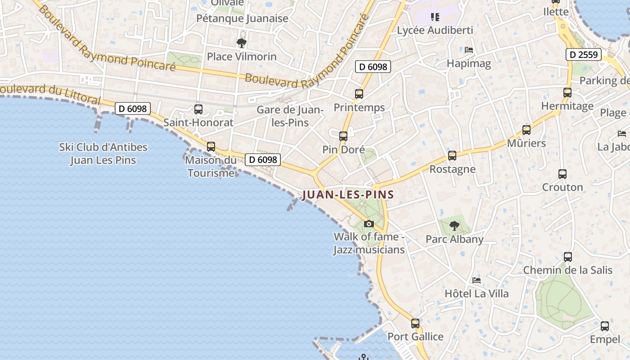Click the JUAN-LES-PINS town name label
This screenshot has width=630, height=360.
348,195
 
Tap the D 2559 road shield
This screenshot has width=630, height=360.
584,55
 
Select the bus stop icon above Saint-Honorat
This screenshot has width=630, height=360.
198,109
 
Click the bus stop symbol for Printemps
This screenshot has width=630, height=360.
359,94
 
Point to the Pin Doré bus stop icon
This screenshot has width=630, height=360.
343,136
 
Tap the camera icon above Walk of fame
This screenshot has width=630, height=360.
369,224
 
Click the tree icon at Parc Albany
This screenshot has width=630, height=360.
454,226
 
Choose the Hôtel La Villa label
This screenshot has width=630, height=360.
477,294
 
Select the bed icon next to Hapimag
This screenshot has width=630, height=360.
469,49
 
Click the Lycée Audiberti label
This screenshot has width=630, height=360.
435,30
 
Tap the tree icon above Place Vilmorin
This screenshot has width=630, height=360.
242,43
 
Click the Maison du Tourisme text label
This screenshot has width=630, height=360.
211,166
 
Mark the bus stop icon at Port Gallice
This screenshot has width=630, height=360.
415,323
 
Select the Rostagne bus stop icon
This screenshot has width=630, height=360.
452,156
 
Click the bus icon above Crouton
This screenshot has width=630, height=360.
562,174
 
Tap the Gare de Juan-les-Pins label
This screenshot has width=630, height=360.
290,116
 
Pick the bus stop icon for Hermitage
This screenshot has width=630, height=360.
567,93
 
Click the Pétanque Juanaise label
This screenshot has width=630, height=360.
242,18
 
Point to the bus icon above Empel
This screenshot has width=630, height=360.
605,326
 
